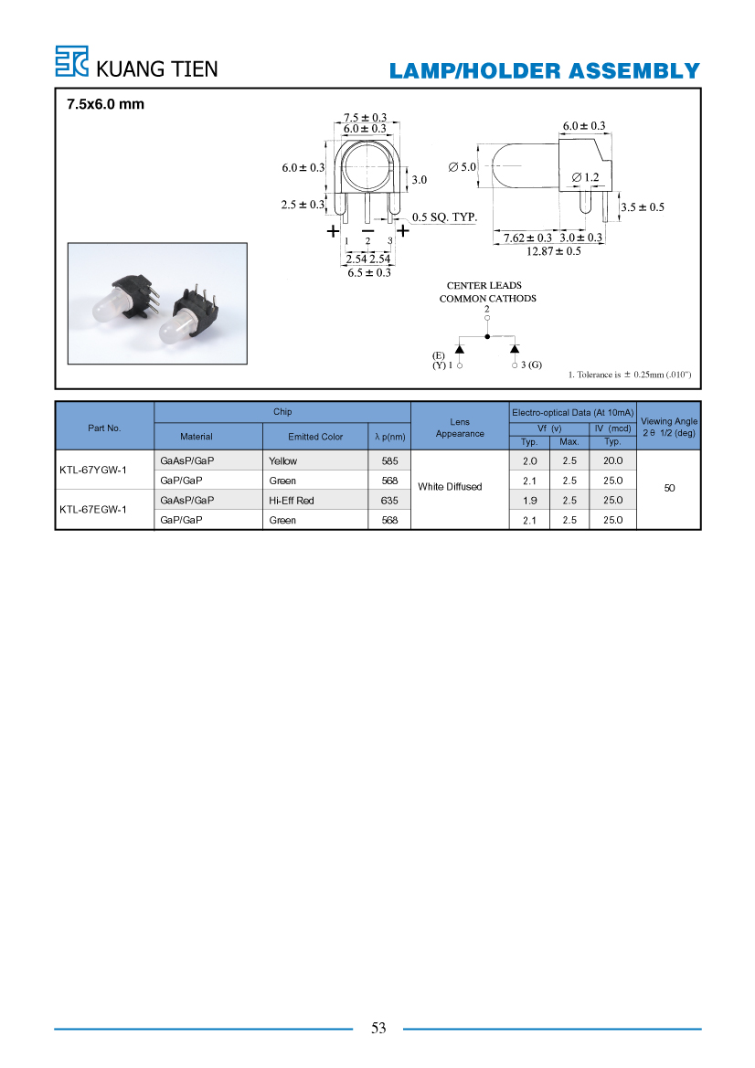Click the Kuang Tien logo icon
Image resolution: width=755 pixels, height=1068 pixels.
point(71,60)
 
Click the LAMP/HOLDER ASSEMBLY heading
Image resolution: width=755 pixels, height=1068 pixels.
point(545,71)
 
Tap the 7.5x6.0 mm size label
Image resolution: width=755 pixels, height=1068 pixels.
point(106,104)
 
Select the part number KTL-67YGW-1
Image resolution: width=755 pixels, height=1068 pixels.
point(93,470)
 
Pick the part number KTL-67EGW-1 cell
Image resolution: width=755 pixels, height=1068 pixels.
point(93,510)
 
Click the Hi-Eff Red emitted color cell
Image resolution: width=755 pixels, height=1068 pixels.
point(291,501)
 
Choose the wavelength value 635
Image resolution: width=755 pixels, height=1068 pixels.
point(389,501)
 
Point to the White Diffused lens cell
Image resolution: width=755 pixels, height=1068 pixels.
point(450,486)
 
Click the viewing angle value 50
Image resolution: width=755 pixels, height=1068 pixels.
point(669,488)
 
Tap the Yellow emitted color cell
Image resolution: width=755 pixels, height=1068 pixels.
point(282,461)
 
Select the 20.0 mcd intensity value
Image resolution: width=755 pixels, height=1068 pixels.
point(612,461)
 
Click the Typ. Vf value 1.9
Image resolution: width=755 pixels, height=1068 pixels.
point(529,501)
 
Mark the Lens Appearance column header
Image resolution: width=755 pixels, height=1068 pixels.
point(460,428)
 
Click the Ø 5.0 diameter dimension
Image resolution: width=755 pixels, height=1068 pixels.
point(462,167)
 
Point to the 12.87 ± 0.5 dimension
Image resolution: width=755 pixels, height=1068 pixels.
point(553,251)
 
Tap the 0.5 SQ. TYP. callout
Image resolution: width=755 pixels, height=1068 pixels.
point(444,217)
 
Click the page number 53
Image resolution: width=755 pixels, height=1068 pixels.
point(378,1029)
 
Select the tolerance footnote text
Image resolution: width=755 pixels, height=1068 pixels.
point(630,375)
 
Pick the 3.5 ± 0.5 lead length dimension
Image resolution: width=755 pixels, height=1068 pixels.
point(643,207)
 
